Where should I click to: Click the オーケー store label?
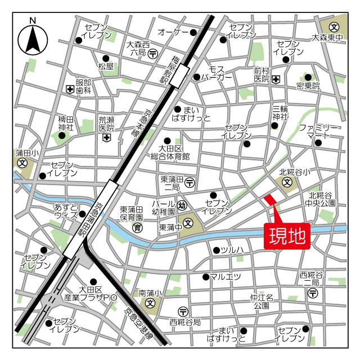pyautogui.click(x=173, y=33)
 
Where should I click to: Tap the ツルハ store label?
pyautogui.click(x=232, y=250)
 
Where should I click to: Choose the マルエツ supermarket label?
pyautogui.click(x=226, y=276)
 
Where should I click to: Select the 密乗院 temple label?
pyautogui.click(x=308, y=86)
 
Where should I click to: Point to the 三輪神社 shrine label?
pyautogui.click(x=280, y=112)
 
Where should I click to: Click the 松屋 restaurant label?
pyautogui.click(x=106, y=66)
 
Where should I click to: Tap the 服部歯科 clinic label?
pyautogui.click(x=84, y=85)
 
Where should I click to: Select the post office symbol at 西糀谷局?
pyautogui.click(x=183, y=312)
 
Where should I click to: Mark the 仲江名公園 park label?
pyautogui.click(x=262, y=301)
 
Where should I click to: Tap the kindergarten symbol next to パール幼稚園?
pyautogui.click(x=182, y=206)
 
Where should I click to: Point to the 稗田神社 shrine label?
pyautogui.click(x=66, y=124)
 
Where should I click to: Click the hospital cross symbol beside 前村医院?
pyautogui.click(x=276, y=79)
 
